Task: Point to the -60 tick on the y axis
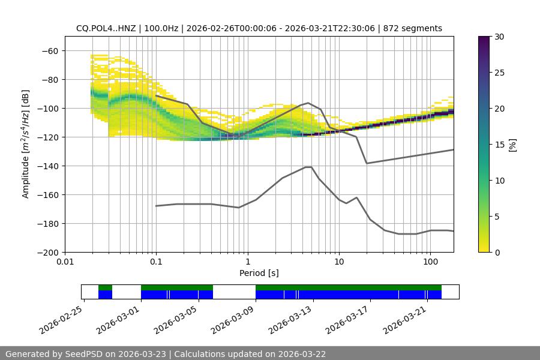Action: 49,50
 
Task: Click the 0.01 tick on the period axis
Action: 65,262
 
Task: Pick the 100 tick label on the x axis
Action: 430,262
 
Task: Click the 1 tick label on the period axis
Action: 247,262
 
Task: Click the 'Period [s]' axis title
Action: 259,273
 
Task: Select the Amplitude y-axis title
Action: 26,144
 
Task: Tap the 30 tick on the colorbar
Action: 499,37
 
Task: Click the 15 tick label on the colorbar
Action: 499,145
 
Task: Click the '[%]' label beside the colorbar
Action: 512,145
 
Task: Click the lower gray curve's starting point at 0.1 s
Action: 156,206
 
